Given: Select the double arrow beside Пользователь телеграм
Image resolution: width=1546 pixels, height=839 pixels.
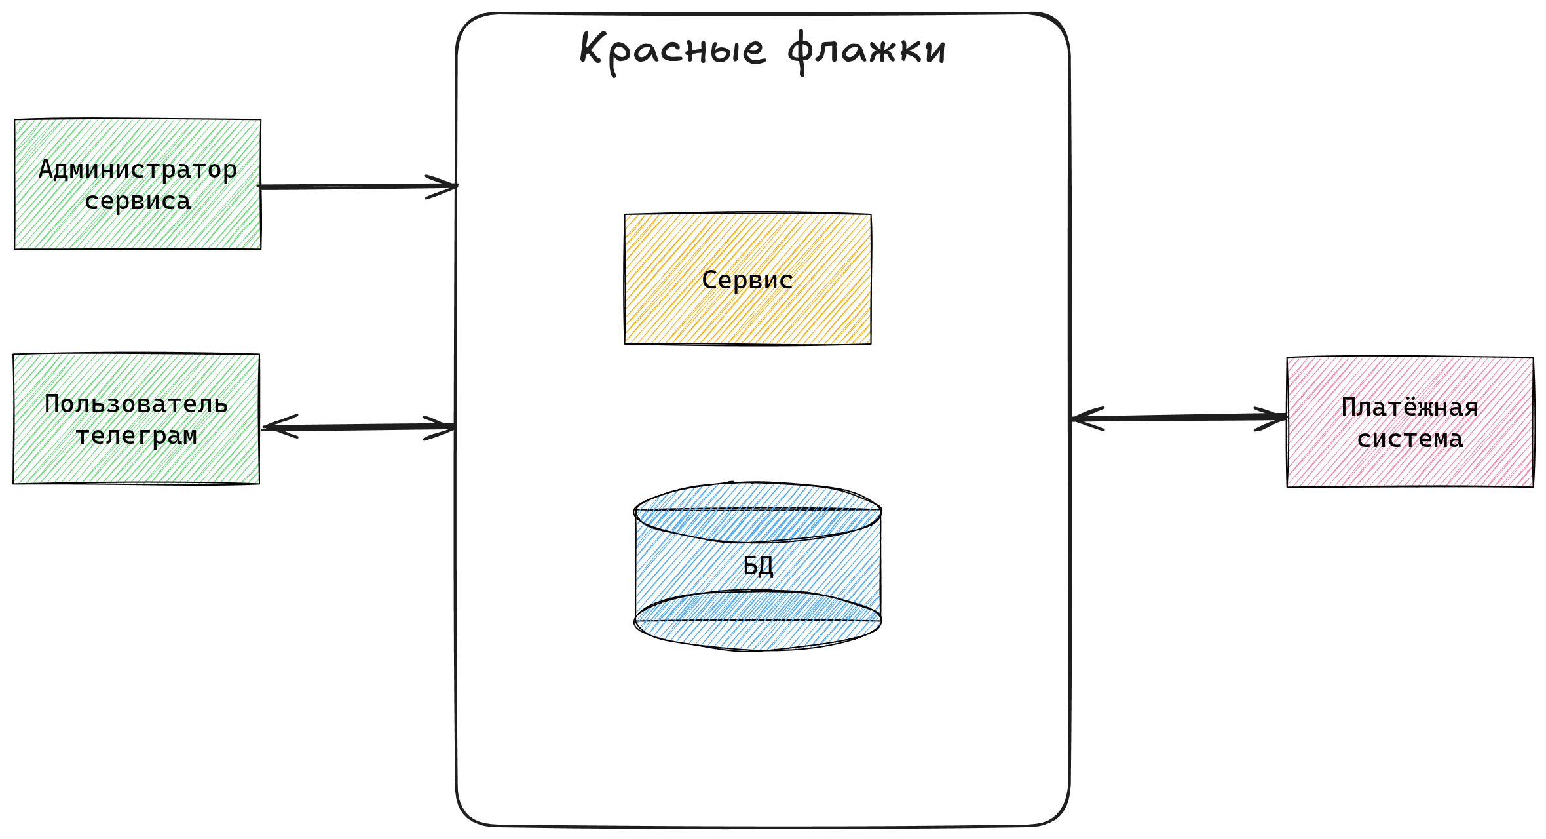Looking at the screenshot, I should point(357,427).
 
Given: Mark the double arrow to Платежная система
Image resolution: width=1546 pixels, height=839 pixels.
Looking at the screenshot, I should point(1179,418).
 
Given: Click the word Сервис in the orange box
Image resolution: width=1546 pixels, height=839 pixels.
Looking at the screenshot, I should point(747,280).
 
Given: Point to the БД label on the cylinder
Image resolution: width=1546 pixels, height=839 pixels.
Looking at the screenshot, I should point(758,565).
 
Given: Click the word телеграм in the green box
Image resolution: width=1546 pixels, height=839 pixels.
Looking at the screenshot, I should point(136,435).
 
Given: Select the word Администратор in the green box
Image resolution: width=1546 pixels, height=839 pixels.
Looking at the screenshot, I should point(138,170).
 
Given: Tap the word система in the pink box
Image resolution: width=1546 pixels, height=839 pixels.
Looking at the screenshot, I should point(1410,439).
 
